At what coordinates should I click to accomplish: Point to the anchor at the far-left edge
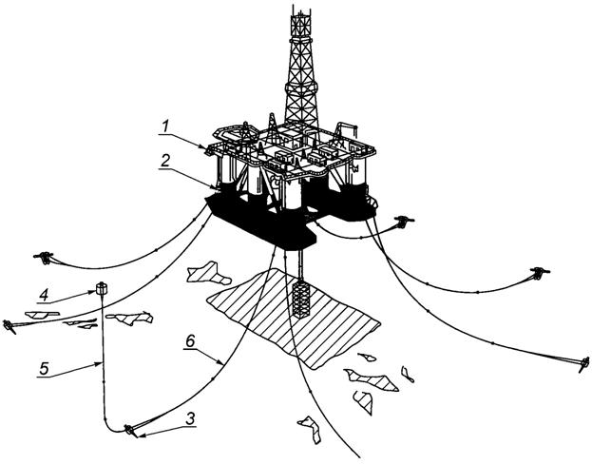click(10, 326)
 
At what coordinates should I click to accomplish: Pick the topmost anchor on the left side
click(43, 256)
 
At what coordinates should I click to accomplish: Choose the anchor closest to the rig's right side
click(407, 223)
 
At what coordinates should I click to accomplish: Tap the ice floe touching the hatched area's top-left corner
click(209, 275)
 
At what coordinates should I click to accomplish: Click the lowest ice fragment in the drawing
click(310, 430)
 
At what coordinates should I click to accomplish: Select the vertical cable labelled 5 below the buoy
click(99, 361)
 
